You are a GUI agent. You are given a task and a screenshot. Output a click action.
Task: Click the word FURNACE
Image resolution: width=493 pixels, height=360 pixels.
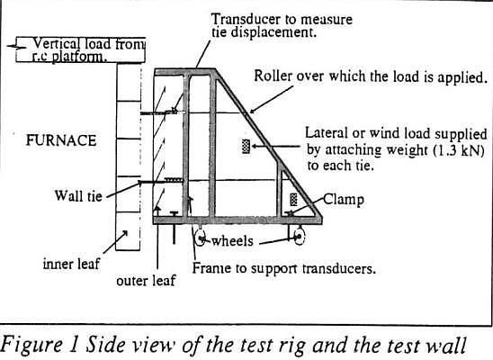[x=61, y=140]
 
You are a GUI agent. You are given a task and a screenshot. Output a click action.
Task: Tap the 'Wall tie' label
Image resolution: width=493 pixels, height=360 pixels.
[x=78, y=195]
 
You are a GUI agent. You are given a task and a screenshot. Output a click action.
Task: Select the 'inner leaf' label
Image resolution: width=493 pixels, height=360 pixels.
[x=71, y=264]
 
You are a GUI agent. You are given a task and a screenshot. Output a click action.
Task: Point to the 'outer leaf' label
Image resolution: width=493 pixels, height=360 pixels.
[x=146, y=281]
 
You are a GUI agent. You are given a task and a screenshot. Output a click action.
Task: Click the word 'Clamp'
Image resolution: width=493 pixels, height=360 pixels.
[x=344, y=200]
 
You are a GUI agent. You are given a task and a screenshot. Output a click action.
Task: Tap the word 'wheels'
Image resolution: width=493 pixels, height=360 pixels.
[x=232, y=241]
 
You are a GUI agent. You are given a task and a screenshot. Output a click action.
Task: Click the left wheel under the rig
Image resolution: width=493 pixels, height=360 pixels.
[x=200, y=238]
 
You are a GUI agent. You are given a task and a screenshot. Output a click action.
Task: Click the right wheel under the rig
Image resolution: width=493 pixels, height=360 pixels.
[x=300, y=236]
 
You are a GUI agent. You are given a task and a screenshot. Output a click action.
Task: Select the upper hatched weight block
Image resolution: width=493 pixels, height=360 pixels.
[x=246, y=147]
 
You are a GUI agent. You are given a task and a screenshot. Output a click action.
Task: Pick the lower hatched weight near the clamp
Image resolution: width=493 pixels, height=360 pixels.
[x=293, y=200]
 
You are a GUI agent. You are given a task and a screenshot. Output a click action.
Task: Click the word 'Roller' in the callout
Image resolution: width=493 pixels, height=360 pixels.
[x=273, y=76]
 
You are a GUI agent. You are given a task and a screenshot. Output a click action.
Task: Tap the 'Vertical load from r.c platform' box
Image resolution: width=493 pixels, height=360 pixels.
[x=80, y=49]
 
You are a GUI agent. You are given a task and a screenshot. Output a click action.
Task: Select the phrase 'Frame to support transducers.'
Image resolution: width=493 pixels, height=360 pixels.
[x=284, y=268]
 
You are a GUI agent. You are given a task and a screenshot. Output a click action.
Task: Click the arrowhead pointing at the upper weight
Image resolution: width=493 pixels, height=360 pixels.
[x=254, y=146]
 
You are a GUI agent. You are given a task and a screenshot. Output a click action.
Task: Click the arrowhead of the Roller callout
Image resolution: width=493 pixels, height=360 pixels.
[x=253, y=111]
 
